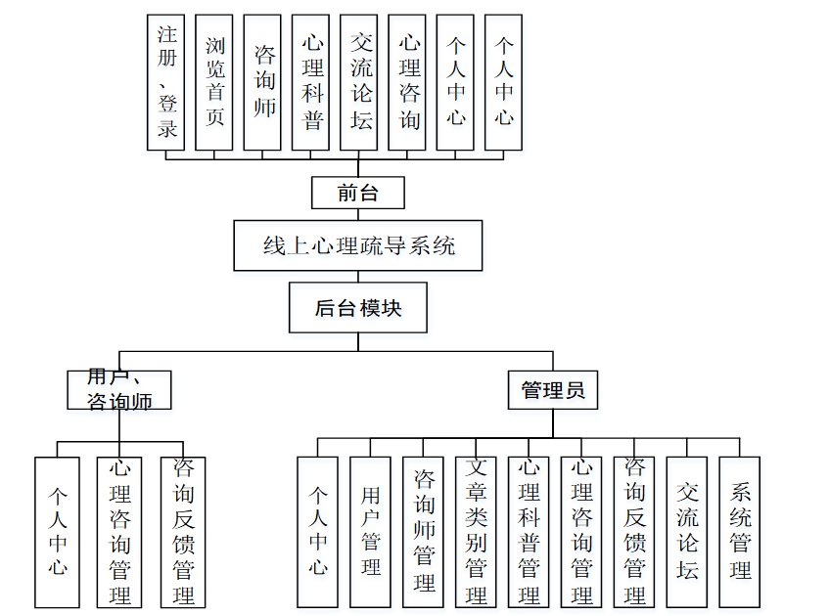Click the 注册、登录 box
[166, 82]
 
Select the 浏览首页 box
[214, 82]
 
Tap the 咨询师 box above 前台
[262, 82]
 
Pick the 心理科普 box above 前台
[310, 82]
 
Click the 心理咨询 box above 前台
[407, 82]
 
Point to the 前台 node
[358, 193]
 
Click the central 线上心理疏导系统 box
[358, 245]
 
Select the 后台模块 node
[358, 308]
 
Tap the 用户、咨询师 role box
[119, 389]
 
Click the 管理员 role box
[553, 390]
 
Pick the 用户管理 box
[371, 532]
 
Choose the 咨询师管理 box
[424, 532]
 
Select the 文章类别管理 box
[477, 532]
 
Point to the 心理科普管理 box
[530, 532]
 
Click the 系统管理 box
[740, 532]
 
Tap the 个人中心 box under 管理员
[318, 532]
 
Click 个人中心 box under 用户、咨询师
[57, 532]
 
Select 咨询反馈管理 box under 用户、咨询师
[184, 532]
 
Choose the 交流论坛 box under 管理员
[687, 532]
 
